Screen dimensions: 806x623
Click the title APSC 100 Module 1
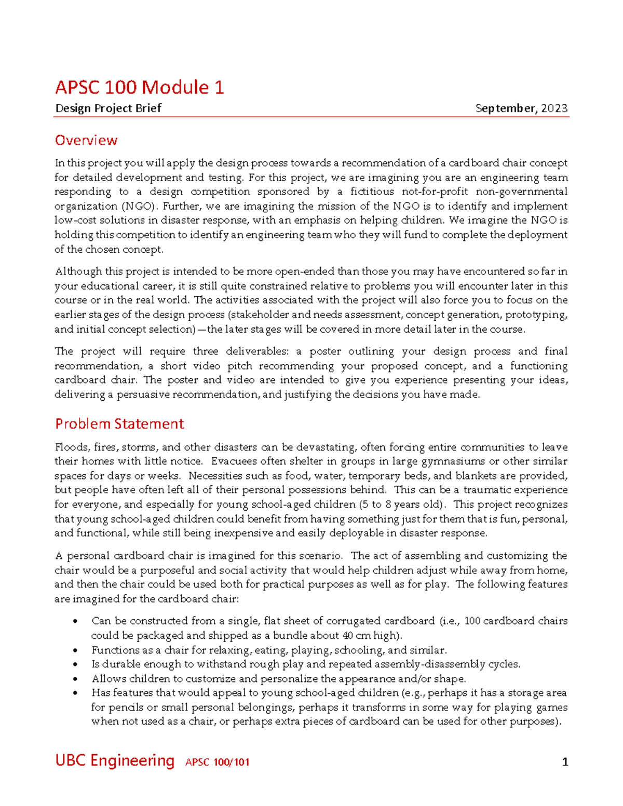pyautogui.click(x=139, y=87)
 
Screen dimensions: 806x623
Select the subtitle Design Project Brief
pyautogui.click(x=108, y=108)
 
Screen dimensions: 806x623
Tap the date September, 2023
pyautogui.click(x=521, y=108)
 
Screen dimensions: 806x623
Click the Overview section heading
pyautogui.click(x=86, y=140)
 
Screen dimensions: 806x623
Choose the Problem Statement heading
pyautogui.click(x=119, y=424)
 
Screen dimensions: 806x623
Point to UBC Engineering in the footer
pyautogui.click(x=115, y=760)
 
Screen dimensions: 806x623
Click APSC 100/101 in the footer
pyautogui.click(x=217, y=762)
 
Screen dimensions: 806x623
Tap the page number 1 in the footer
pyautogui.click(x=565, y=762)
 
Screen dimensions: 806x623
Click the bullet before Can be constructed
pyautogui.click(x=76, y=621)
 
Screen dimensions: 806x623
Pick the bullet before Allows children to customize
pyautogui.click(x=76, y=679)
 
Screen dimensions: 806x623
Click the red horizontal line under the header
pyautogui.click(x=311, y=117)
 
